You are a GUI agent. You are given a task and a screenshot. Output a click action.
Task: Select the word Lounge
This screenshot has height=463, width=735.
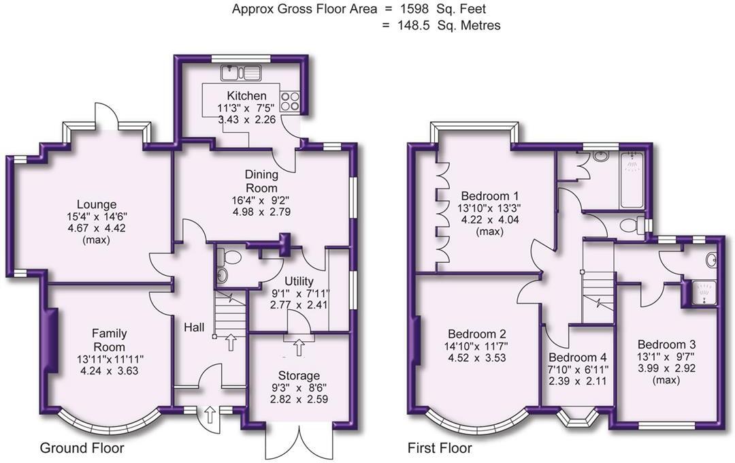pos(97,204)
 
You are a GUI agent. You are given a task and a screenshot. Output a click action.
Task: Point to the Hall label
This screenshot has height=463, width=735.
pos(194,328)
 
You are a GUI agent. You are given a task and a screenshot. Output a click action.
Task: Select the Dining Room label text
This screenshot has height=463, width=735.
pos(261,182)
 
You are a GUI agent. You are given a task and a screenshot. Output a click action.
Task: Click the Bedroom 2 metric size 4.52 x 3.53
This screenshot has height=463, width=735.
pos(476,359)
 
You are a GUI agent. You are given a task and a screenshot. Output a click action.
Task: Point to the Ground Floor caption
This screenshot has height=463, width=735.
pos(82,449)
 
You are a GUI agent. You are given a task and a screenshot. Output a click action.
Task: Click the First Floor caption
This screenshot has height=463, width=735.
pos(440,449)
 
